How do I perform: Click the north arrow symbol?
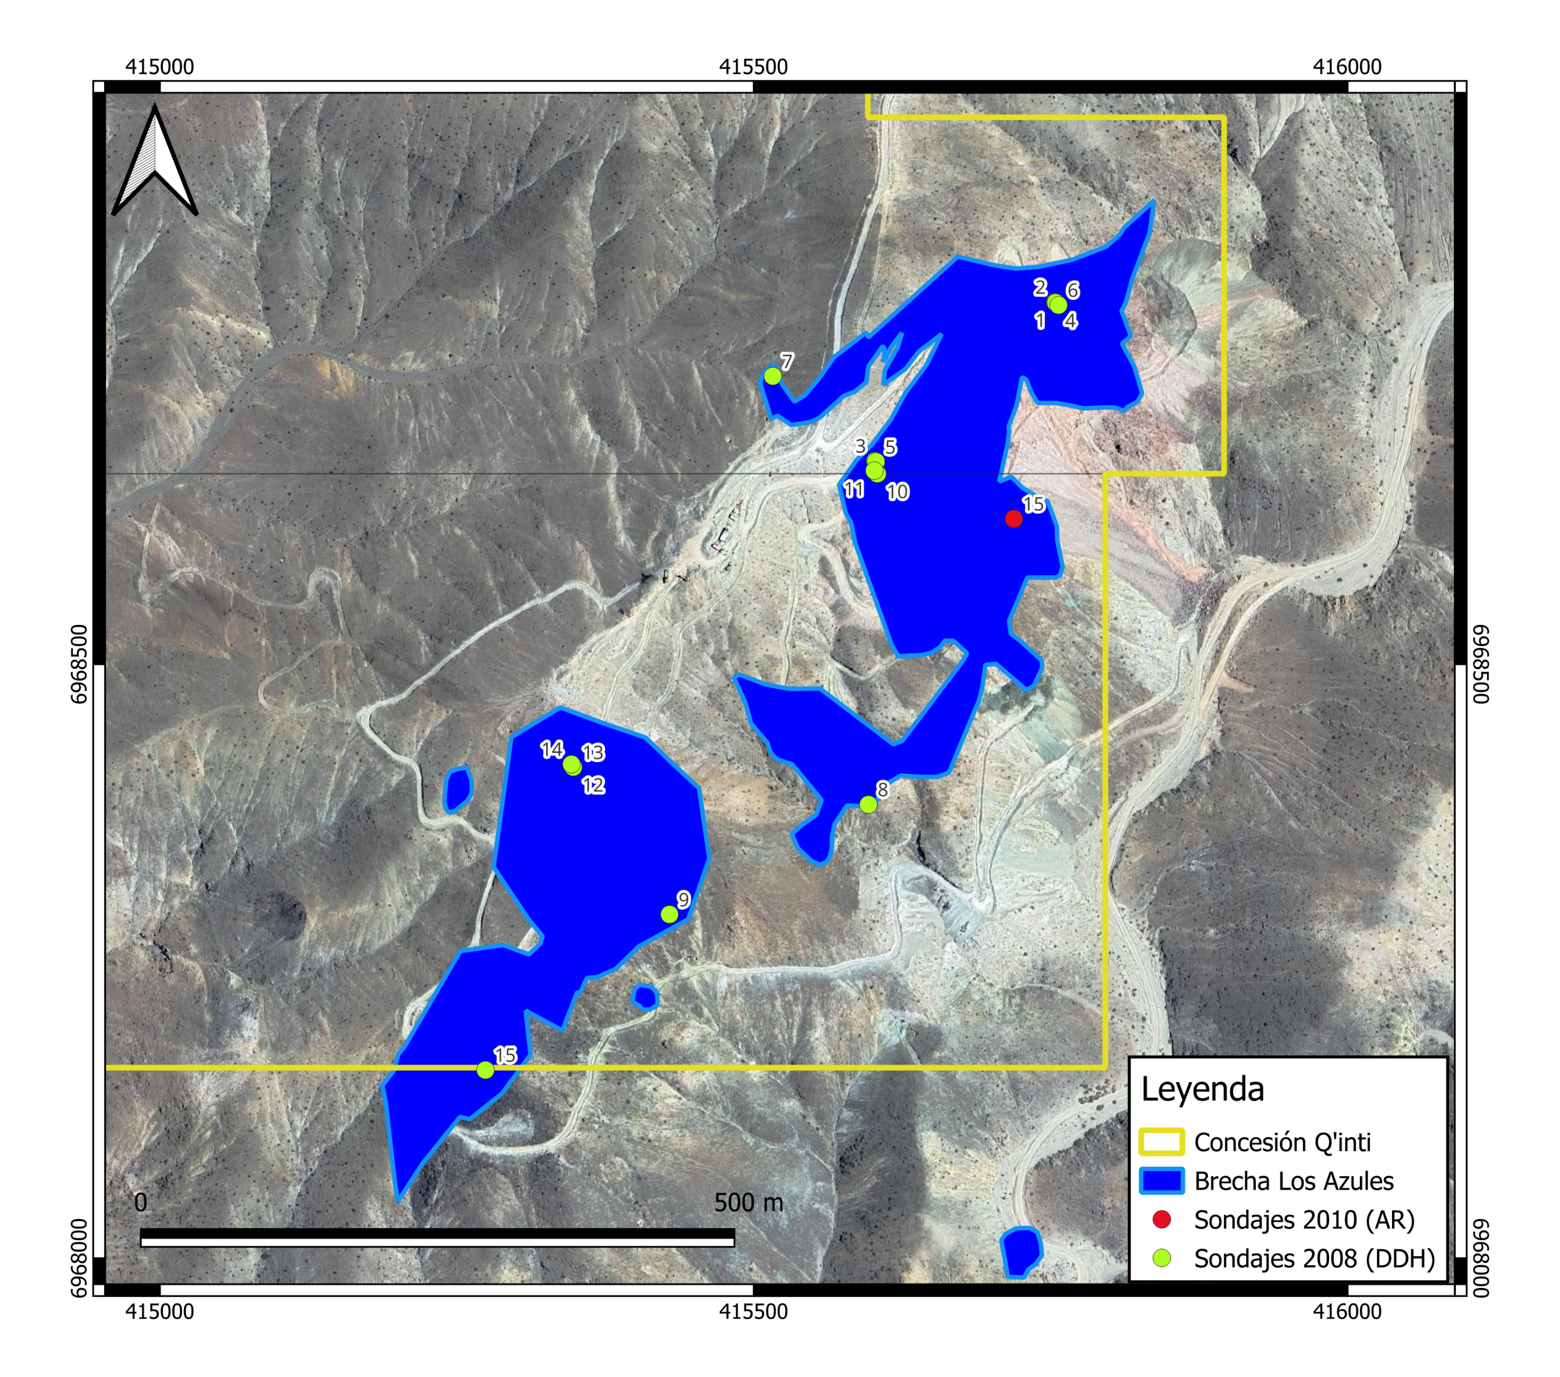pos(155,162)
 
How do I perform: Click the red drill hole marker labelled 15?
pos(1013,519)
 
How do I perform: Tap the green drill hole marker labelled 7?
pos(772,376)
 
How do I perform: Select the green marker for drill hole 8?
pos(868,804)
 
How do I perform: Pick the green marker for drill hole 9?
pos(670,914)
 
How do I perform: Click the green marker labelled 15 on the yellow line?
pos(484,1070)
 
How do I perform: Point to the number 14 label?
pos(552,749)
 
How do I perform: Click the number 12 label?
pos(593,784)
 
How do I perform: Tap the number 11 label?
pos(853,488)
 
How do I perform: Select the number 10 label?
pos(898,492)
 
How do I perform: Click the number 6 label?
pos(1072,290)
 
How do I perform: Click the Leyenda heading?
pos(1202,1090)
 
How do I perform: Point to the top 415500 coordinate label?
pos(753,67)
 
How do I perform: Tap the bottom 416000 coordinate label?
pos(1347,1311)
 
